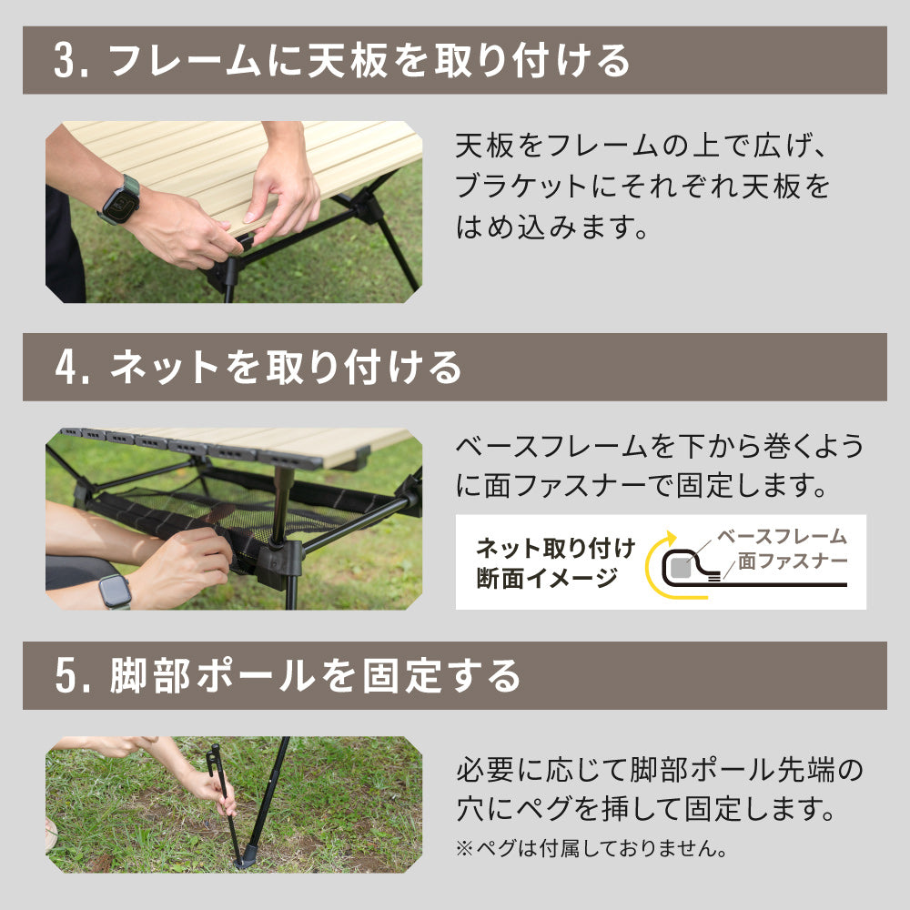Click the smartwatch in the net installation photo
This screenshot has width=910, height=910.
point(116,591)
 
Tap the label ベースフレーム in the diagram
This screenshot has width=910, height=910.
point(782,537)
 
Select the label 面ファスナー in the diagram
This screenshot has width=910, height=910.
point(792,561)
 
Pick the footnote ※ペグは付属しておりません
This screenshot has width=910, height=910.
point(591,849)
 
